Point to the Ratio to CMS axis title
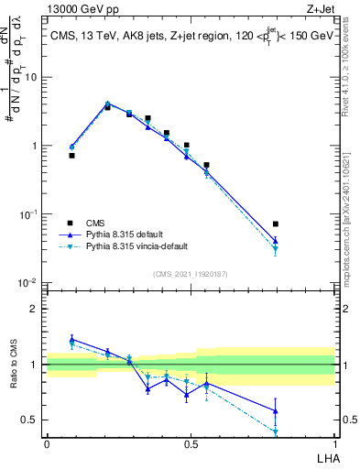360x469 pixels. [15, 365]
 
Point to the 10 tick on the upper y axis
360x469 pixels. [33, 77]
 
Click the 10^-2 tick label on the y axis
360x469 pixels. [29, 282]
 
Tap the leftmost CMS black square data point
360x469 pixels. [71, 156]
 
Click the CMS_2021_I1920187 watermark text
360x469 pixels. [190, 274]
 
